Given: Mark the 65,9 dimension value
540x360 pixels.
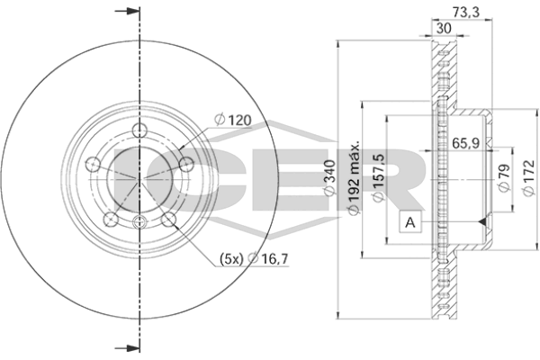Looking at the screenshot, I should (x=464, y=142).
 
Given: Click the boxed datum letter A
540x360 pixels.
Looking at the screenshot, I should (x=409, y=221).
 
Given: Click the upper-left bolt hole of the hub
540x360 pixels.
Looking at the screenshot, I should (x=93, y=163).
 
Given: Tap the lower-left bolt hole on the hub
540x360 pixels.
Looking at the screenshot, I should (x=111, y=218).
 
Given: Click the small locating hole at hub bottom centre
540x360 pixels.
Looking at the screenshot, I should (x=139, y=223).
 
